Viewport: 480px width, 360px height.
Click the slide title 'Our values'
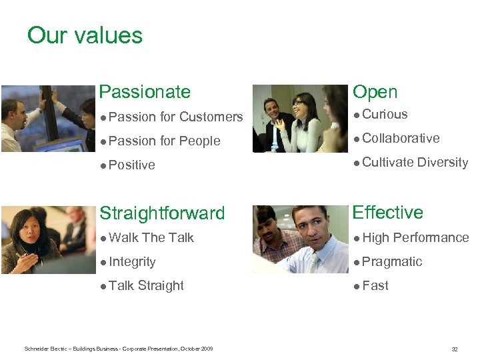tap(85, 35)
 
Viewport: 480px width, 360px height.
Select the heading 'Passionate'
tap(144, 92)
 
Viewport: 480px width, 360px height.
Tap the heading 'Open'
tap(375, 92)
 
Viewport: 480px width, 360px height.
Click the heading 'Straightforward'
tap(162, 213)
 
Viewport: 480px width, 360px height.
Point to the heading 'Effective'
tap(387, 213)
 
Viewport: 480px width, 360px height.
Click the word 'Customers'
tap(211, 117)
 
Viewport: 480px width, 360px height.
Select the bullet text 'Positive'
tap(132, 165)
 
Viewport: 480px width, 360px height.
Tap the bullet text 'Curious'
tap(385, 115)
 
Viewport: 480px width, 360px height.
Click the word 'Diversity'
tap(443, 163)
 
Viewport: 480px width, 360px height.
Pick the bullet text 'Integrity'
tap(132, 262)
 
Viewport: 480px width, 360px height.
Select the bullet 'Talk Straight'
tap(146, 286)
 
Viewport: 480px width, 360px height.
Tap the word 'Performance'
tap(431, 238)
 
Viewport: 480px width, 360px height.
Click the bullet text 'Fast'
tap(375, 286)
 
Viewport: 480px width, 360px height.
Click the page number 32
tap(455, 349)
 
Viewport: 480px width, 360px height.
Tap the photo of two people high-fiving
tap(47, 119)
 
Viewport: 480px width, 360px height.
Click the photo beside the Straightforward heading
tap(47, 239)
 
